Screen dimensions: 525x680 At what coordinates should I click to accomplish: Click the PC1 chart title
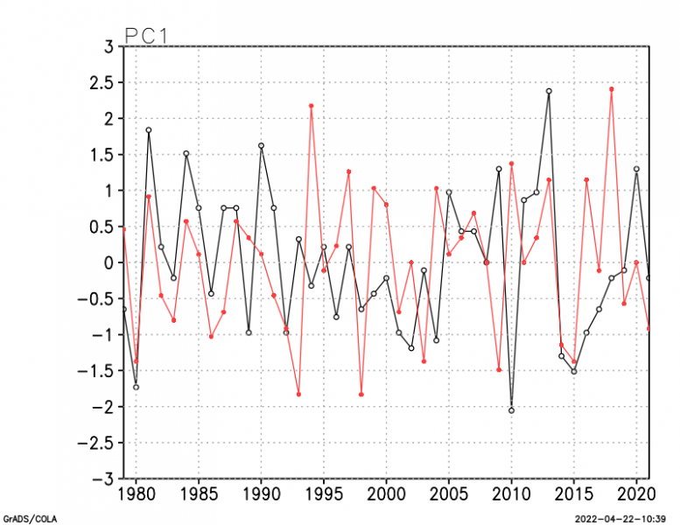[146, 36]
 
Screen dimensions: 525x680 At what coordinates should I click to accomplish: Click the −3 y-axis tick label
[101, 479]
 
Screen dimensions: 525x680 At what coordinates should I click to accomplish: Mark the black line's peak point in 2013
[549, 91]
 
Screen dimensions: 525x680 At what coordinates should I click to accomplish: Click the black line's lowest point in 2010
[511, 410]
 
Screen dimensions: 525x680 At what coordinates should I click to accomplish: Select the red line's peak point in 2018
[612, 89]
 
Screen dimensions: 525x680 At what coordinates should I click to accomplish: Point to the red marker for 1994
[312, 106]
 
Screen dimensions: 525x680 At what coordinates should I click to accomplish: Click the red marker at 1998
[361, 395]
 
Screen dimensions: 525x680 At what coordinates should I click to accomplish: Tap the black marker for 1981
[149, 130]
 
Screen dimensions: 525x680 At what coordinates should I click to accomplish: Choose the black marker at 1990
[261, 146]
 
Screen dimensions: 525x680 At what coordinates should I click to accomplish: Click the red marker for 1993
[298, 395]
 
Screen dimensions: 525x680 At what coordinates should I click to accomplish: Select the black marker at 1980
[136, 387]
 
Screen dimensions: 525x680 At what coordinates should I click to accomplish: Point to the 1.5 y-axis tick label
[103, 154]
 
